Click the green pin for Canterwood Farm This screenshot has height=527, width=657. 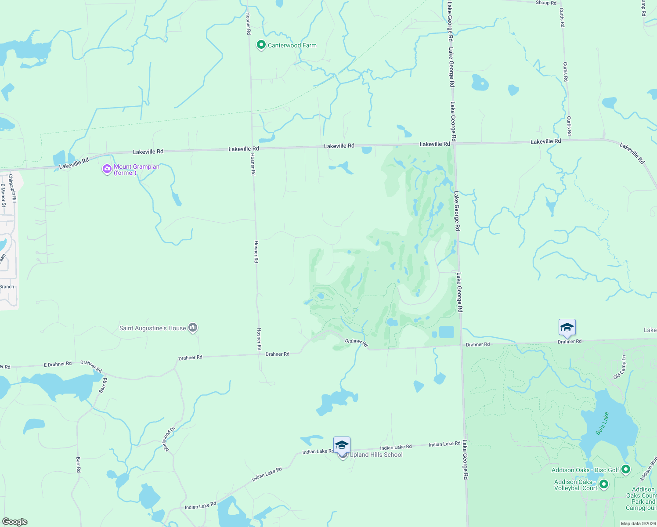(x=261, y=45)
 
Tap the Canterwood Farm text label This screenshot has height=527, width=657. (x=292, y=45)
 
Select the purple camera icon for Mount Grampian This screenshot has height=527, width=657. (x=107, y=169)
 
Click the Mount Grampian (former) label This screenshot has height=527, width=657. (x=137, y=170)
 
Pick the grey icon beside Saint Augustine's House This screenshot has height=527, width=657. (x=193, y=328)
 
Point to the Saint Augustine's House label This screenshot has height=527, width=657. (x=152, y=328)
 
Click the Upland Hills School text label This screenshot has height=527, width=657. (x=376, y=455)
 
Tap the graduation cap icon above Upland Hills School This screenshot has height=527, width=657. (x=342, y=445)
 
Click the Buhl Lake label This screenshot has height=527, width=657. (x=603, y=423)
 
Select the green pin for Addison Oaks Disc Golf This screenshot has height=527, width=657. (x=626, y=469)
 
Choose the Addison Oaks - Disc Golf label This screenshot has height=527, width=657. (x=585, y=470)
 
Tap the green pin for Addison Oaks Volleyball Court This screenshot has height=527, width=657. (x=604, y=484)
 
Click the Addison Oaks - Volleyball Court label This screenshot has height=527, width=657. (x=576, y=485)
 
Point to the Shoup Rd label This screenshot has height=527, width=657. (x=546, y=3)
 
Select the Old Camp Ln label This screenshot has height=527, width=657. (x=620, y=367)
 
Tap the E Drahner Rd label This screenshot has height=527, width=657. (x=58, y=364)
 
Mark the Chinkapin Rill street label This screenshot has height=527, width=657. (x=12, y=188)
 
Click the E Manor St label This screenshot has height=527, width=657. (x=4, y=195)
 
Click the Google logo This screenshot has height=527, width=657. (x=15, y=522)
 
